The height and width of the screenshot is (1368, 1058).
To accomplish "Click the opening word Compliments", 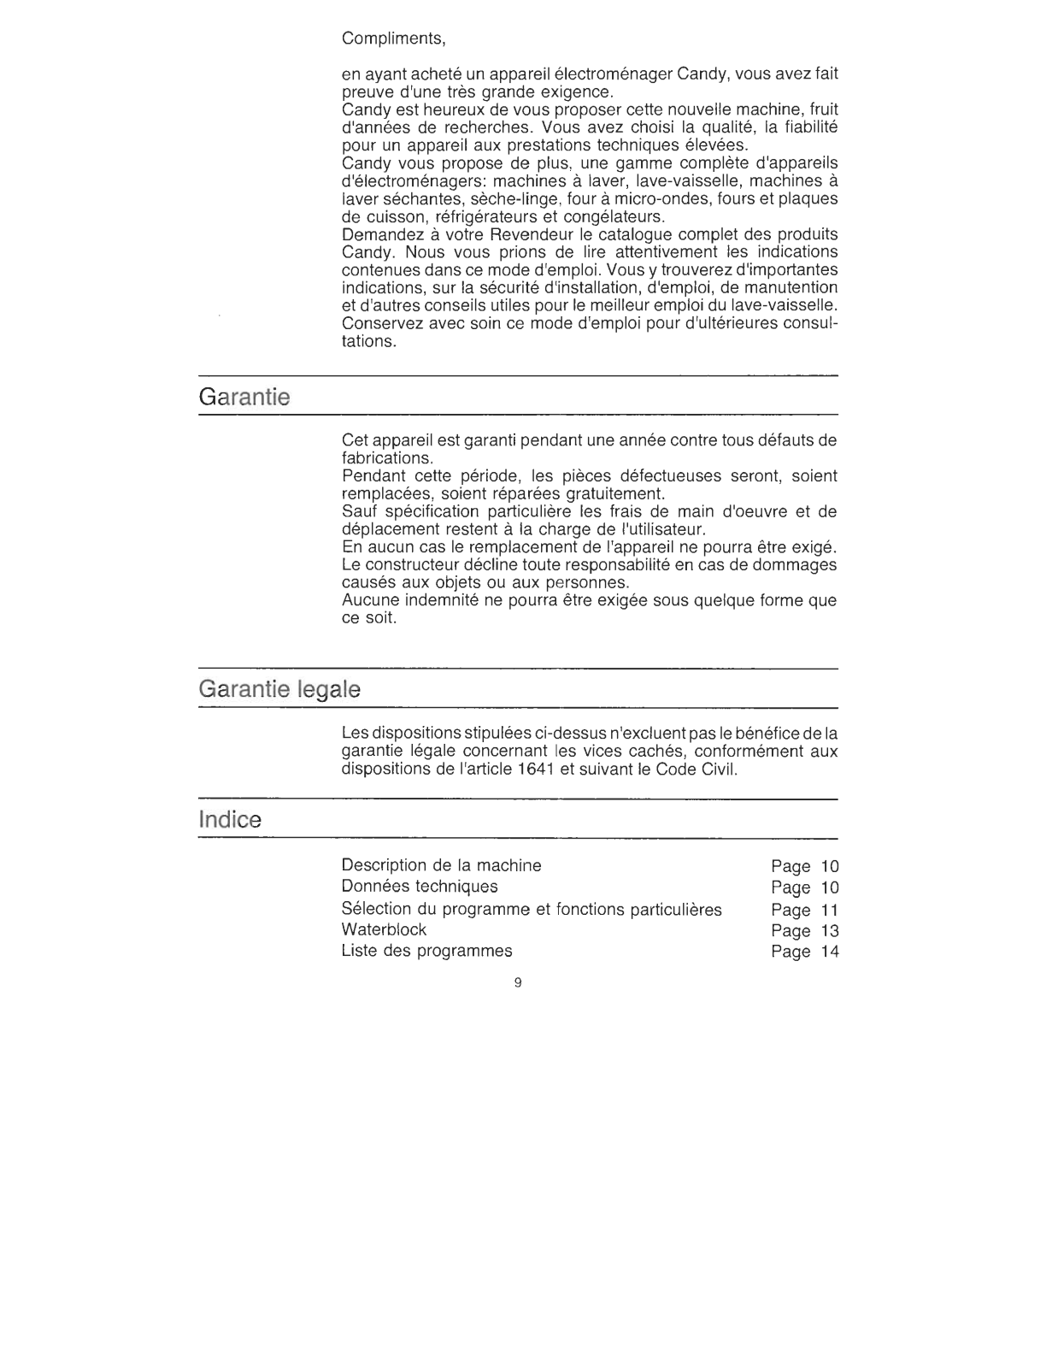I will tap(393, 39).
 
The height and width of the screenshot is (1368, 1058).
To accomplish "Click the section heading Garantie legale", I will tap(279, 689).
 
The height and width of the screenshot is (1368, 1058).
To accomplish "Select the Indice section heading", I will tap(230, 820).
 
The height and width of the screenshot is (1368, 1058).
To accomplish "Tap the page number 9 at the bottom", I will tap(518, 982).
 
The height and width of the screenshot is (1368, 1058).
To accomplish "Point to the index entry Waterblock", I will tap(384, 929).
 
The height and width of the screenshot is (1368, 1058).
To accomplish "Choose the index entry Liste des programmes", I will tap(426, 951).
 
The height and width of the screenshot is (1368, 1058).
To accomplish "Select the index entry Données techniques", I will tap(419, 887).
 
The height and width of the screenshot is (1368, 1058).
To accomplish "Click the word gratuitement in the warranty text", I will tap(605, 493).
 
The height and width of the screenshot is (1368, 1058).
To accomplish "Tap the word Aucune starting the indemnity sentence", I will tap(369, 600).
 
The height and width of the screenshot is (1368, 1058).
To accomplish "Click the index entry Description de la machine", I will tap(441, 865).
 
